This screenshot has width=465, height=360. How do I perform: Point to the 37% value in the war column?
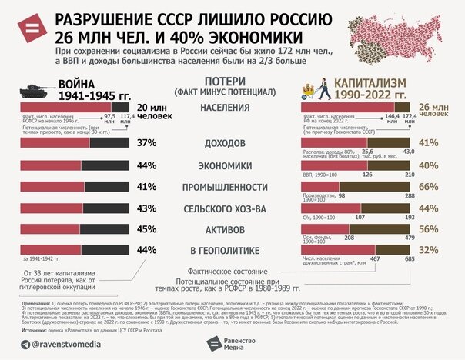point(146,144)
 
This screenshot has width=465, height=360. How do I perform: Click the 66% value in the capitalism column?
point(428,185)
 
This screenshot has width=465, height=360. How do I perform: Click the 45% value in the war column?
point(146,229)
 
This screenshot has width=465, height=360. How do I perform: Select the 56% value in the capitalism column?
point(428,228)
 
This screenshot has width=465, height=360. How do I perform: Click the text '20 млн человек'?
point(152,113)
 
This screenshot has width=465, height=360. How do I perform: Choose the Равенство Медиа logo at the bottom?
point(238,342)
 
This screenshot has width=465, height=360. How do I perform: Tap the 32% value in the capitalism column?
point(428,250)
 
